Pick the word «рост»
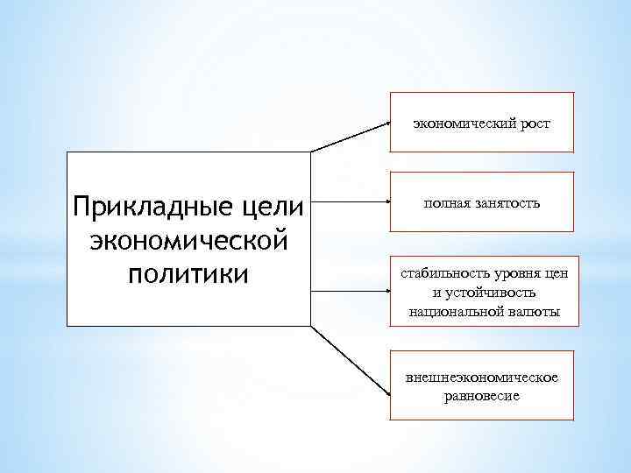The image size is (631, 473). coord(535,124)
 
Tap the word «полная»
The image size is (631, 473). coord(446,203)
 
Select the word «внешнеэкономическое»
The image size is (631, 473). coord(482,378)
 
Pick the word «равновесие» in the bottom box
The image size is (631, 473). coord(482,395)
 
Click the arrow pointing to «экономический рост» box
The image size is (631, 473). coord(351,137)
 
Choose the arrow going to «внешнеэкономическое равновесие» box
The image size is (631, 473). coord(351,360)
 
